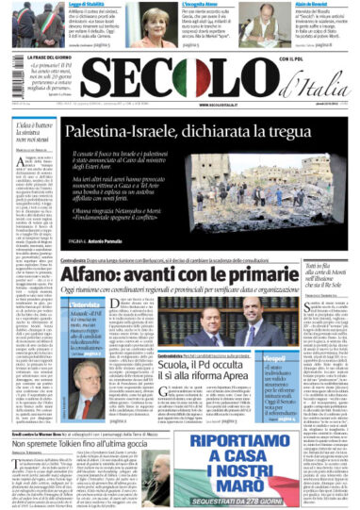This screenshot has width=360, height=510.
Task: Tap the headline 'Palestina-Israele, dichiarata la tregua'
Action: point(188,138)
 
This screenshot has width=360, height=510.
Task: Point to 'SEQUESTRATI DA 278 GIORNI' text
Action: point(265,501)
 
